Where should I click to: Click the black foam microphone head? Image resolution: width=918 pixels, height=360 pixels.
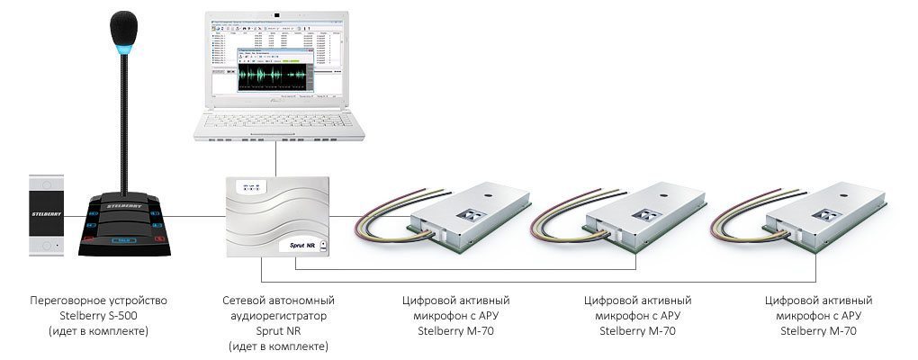(123, 26)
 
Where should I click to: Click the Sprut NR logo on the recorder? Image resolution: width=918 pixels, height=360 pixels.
(301, 244)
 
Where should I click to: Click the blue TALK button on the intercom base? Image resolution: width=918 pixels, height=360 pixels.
(123, 240)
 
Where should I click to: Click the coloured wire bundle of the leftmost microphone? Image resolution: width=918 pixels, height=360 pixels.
(382, 216)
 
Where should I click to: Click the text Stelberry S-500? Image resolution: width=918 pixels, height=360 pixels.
(98, 315)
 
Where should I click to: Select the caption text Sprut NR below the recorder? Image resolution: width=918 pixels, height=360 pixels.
(277, 331)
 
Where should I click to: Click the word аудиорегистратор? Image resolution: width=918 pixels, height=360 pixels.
(277, 315)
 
